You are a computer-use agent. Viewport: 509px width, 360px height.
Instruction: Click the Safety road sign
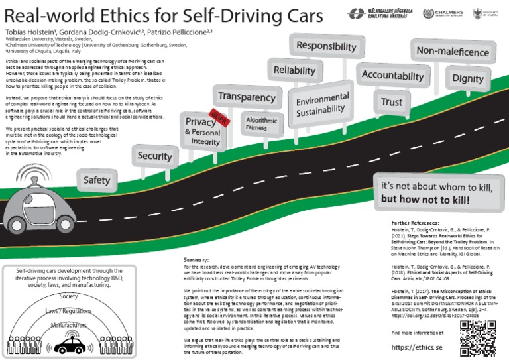(97, 179)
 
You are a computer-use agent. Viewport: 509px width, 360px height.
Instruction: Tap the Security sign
(154, 156)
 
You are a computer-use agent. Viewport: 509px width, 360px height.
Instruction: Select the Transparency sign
(247, 97)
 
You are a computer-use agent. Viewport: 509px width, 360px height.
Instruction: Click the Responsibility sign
(326, 46)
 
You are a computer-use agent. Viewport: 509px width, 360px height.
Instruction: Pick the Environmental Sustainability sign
(322, 104)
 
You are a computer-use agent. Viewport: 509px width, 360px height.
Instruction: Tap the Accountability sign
(392, 75)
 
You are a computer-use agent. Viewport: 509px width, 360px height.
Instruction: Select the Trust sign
(391, 102)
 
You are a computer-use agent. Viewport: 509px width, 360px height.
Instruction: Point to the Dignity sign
(468, 78)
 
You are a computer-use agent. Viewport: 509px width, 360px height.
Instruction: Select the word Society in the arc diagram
(68, 296)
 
